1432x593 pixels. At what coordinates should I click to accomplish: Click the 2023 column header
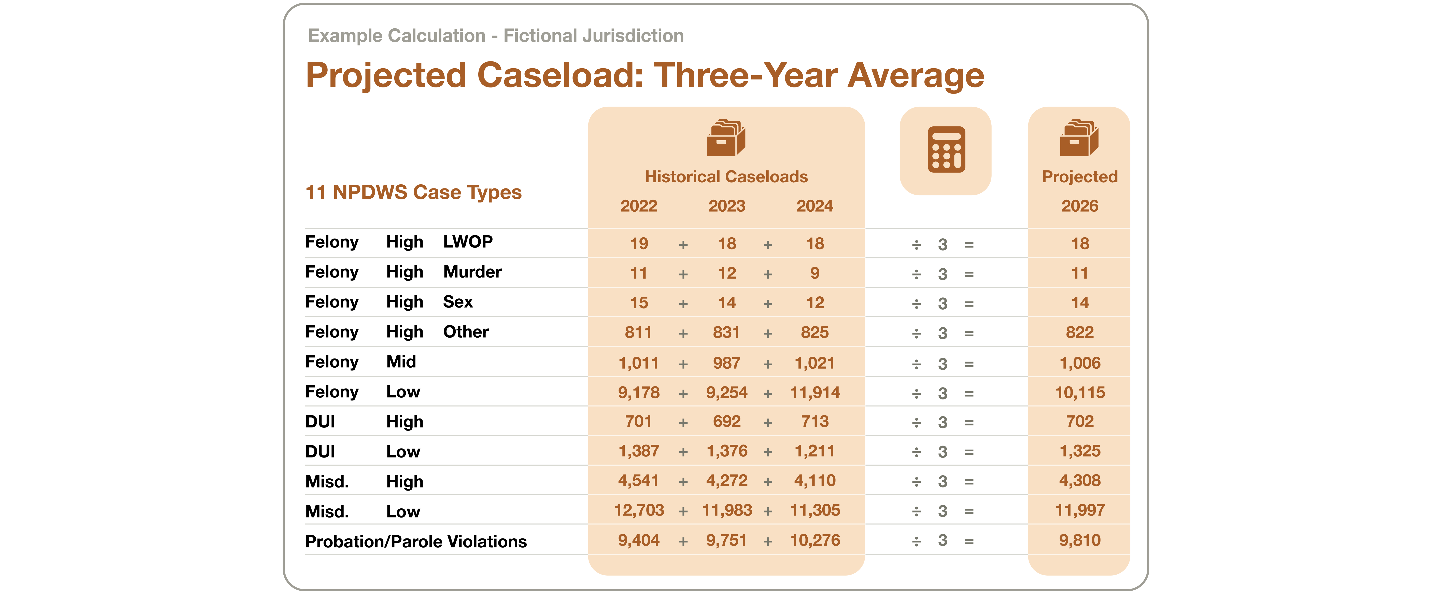[x=727, y=206]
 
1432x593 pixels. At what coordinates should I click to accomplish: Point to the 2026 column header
[x=1080, y=206]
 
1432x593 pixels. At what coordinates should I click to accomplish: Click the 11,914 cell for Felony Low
[x=815, y=393]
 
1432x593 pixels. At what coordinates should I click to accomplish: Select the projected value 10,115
[x=1080, y=393]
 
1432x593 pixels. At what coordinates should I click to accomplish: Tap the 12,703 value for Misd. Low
[x=639, y=510]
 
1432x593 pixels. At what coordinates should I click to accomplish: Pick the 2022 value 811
[x=638, y=332]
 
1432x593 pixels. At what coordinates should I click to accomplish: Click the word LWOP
[x=468, y=242]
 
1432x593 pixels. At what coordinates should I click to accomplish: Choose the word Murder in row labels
[x=472, y=272]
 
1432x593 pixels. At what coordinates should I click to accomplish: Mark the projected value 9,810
[x=1080, y=540]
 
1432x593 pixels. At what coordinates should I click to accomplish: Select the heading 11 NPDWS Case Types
[x=414, y=192]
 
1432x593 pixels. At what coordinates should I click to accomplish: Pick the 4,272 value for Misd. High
[x=727, y=481]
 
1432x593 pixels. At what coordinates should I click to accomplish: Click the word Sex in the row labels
[x=457, y=302]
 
